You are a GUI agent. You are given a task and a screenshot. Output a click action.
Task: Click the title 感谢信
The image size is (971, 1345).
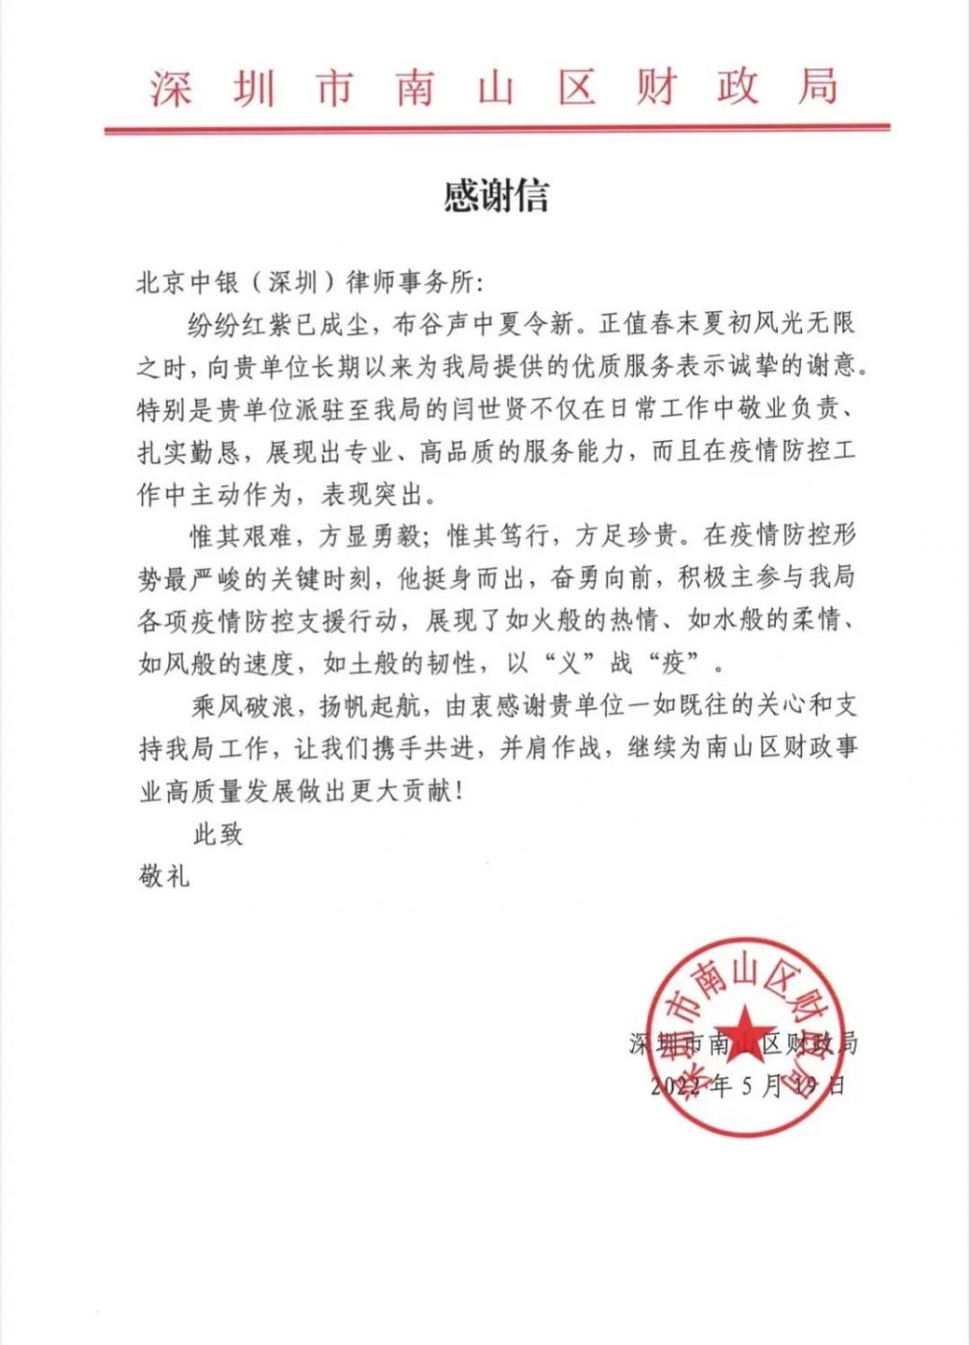(496, 196)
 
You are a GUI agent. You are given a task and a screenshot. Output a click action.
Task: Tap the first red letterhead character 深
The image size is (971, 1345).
(171, 87)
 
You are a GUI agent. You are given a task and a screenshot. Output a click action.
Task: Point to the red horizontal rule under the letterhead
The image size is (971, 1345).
(497, 128)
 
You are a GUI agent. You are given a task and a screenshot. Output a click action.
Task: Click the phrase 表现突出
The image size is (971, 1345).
(370, 495)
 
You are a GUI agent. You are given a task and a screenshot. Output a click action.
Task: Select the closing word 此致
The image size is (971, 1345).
(218, 834)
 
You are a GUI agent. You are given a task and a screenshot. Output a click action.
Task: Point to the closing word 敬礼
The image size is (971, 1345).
(164, 875)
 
